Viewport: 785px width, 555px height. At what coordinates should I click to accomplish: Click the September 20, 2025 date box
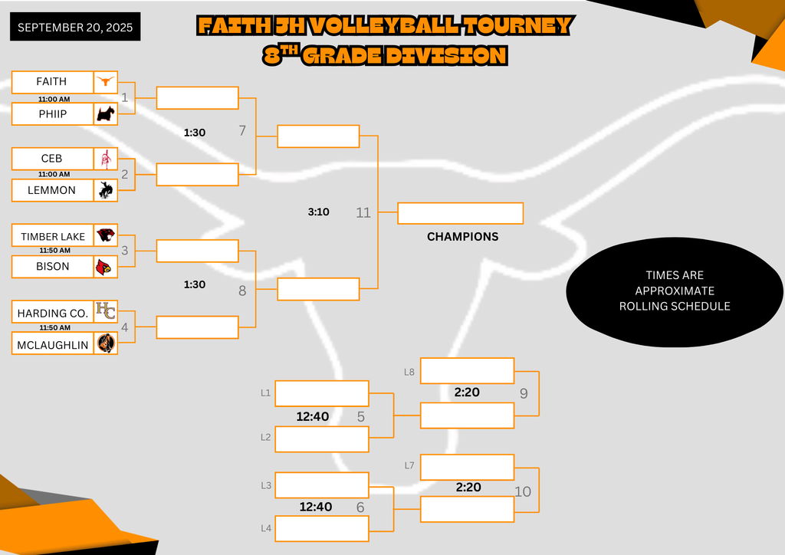[x=75, y=28]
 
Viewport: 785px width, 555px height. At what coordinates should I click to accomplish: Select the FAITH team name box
[x=52, y=81]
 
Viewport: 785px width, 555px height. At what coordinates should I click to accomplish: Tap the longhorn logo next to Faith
[x=105, y=81]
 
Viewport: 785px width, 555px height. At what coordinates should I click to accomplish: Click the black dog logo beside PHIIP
[x=105, y=114]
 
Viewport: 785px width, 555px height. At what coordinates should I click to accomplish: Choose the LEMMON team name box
[x=52, y=190]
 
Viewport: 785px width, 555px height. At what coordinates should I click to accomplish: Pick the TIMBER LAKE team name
[x=52, y=236]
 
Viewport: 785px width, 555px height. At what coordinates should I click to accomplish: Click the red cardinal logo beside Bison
[x=105, y=267]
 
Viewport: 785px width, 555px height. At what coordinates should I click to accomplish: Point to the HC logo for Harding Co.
[x=105, y=311]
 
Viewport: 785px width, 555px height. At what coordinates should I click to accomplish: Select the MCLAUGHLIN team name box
[x=52, y=344]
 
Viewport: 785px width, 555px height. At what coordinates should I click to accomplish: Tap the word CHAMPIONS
[x=462, y=237]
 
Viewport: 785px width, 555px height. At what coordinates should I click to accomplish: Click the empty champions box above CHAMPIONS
[x=460, y=213]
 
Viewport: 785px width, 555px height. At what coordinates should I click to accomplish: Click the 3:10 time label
[x=319, y=212]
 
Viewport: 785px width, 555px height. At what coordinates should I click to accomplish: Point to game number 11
[x=363, y=212]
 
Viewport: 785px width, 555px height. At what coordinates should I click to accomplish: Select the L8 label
[x=409, y=372]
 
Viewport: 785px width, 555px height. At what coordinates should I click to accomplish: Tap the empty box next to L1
[x=322, y=393]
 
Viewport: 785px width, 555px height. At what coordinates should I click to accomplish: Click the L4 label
[x=266, y=528]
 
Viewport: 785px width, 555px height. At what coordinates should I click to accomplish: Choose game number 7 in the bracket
[x=242, y=131]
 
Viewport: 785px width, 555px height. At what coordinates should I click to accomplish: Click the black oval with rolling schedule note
[x=675, y=291]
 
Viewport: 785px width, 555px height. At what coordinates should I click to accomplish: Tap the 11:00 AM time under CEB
[x=54, y=175]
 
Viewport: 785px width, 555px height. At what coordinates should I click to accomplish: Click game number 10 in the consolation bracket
[x=523, y=491]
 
